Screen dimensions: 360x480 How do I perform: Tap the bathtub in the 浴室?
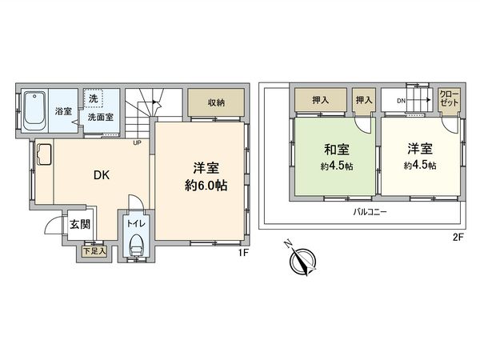[x=34, y=111]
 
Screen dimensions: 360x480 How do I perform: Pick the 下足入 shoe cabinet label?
[x=94, y=250]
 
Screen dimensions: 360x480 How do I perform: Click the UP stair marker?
[x=138, y=143]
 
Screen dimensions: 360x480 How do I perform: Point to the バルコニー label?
[x=370, y=212]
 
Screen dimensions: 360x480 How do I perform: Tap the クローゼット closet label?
[x=449, y=99]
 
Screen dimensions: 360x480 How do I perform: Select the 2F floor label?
[x=458, y=237]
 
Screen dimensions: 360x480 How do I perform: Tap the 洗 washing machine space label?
[x=94, y=98]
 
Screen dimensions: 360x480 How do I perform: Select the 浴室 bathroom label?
[x=63, y=110]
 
